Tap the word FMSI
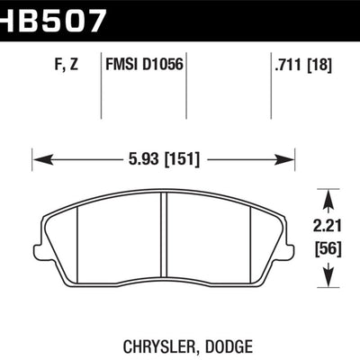pyautogui.click(x=121, y=64)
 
